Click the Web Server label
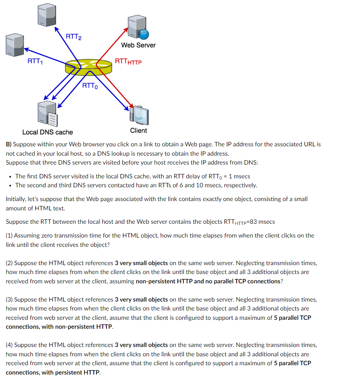(x=138, y=45)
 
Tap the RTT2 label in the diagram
(x=73, y=37)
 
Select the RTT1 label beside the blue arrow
(x=35, y=62)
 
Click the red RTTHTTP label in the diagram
(x=128, y=62)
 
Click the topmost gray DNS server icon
(x=46, y=15)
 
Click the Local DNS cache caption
(x=47, y=132)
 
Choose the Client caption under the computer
(x=138, y=131)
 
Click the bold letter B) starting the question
(x=9, y=144)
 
